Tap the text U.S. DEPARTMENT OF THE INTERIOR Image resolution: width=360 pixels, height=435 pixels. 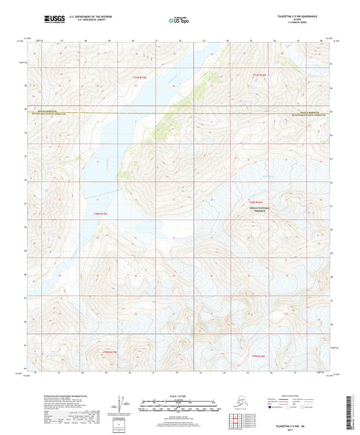84,15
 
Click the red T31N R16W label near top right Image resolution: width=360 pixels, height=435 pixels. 260,74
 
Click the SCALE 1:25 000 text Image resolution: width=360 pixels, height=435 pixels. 179,396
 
